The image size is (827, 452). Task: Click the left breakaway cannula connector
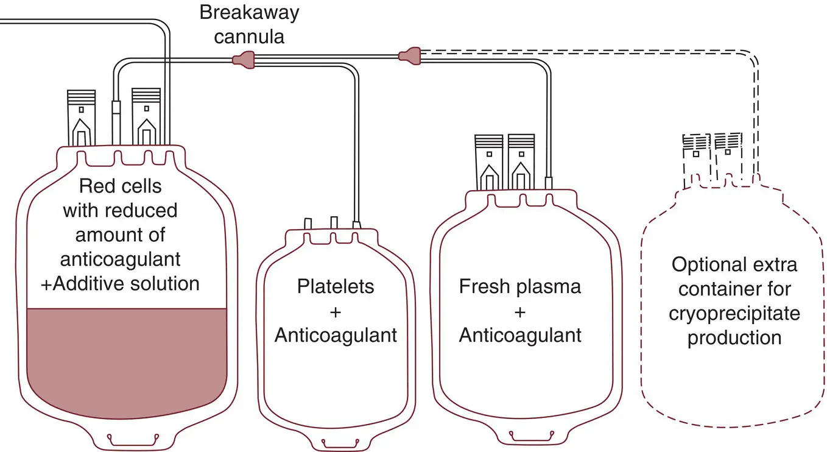pos(243,59)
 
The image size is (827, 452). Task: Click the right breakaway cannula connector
pos(409,56)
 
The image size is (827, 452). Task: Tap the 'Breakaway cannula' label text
pos(250,24)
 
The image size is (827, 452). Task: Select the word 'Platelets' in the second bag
pos(336,286)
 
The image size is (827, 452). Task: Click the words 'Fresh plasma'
pos(520,286)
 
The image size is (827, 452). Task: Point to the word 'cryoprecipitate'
pos(734,313)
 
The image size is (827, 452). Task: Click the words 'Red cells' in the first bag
pos(121,186)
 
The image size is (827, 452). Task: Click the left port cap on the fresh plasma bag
pos(489,162)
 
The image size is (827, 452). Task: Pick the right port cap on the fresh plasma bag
pos(522,162)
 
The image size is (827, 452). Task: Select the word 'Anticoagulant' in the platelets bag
pos(336,335)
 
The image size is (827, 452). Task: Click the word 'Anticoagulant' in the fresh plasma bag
pos(520,335)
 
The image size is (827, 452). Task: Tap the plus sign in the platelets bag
pos(336,311)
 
